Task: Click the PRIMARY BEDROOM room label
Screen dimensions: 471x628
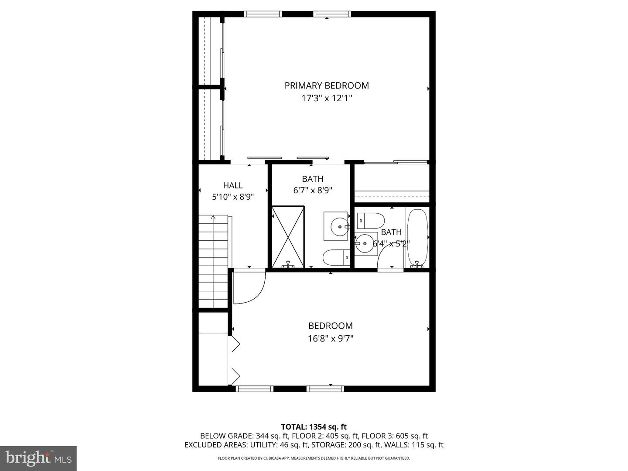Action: [327, 85]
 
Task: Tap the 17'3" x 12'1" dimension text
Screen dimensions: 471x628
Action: [327, 98]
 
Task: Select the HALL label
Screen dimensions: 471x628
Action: [233, 185]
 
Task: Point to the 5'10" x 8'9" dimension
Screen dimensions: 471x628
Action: [233, 197]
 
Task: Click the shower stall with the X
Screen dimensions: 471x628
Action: [288, 237]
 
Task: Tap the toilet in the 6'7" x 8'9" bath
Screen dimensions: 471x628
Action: [336, 257]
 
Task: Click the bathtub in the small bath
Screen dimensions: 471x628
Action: [418, 238]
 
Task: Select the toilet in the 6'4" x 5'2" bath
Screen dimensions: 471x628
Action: [370, 221]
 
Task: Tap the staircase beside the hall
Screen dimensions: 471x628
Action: [213, 262]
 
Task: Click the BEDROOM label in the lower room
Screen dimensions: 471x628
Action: [331, 326]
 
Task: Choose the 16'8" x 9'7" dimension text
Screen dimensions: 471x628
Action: [331, 338]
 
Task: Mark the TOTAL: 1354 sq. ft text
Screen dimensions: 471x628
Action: [314, 427]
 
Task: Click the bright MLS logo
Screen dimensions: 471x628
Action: [38, 458]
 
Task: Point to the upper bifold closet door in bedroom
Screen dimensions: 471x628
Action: [235, 344]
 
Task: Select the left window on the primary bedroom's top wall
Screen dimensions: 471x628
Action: [263, 14]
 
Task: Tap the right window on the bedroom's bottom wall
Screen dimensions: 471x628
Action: [325, 389]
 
